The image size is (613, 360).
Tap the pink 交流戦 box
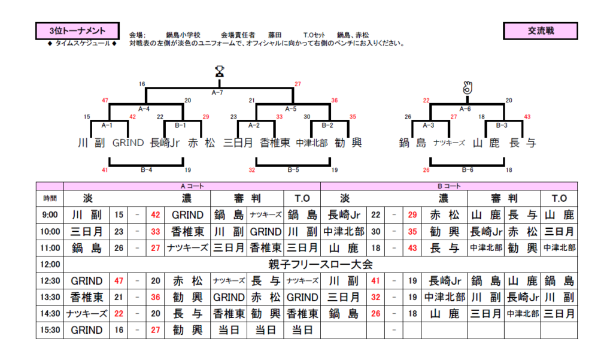[541, 31]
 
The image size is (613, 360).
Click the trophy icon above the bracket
[220, 71]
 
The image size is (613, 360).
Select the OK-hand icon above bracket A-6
[468, 87]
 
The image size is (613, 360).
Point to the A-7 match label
[218, 93]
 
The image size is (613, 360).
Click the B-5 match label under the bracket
[293, 170]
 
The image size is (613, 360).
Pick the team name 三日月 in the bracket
[238, 143]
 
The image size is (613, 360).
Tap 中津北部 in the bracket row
[312, 143]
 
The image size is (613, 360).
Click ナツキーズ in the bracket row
[449, 143]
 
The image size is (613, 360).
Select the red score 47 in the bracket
[105, 100]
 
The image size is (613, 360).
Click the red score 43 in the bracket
[527, 117]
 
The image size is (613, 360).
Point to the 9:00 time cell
[50, 215]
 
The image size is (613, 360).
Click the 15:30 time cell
[50, 330]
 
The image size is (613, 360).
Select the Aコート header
[192, 186]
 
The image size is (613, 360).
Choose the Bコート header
[449, 186]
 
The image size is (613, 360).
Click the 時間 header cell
[50, 198]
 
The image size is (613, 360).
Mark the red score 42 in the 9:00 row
[156, 215]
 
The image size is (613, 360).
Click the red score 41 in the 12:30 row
[376, 281]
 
